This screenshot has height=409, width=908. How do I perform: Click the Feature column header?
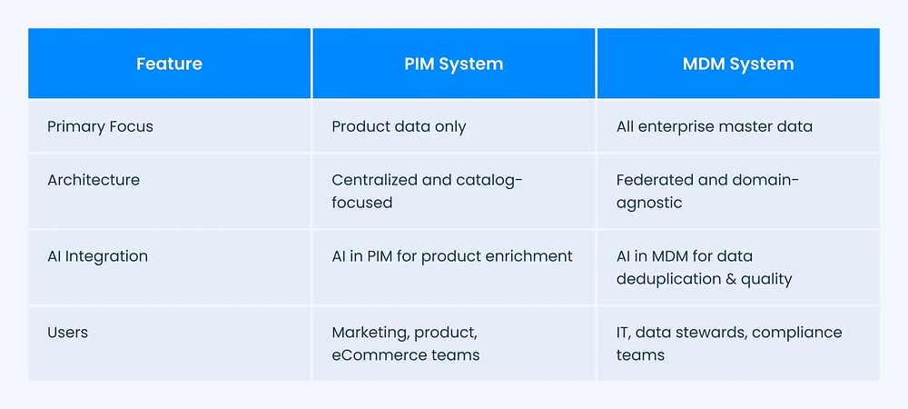169,64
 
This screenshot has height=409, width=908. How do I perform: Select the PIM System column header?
453,64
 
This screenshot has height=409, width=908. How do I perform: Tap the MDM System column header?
738,64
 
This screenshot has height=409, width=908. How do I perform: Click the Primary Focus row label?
100,126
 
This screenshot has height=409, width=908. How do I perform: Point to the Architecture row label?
94,180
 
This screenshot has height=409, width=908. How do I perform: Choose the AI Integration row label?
97,256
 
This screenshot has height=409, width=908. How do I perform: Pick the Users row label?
68,333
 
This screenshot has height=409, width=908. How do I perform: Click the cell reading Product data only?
399,126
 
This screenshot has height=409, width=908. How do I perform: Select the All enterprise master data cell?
714,126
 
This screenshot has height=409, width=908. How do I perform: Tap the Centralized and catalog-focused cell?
428,191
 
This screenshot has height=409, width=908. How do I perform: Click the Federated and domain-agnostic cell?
707,191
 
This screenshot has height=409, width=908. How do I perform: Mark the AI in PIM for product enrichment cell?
452,256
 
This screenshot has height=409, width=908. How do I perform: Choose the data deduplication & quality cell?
705,267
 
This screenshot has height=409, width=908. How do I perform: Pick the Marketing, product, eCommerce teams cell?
406,344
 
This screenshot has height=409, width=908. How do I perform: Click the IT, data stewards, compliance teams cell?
729,344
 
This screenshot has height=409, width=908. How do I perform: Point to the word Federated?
651,180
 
